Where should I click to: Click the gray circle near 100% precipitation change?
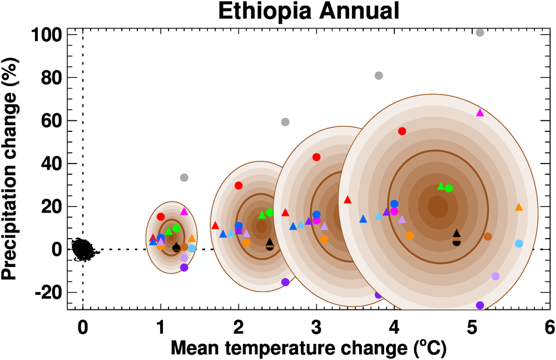(480, 32)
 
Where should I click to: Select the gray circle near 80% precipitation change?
(379, 76)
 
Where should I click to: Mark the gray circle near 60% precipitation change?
(285, 122)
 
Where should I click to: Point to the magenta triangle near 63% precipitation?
(480, 113)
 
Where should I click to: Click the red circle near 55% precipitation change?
(402, 131)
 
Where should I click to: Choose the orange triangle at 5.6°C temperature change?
(519, 207)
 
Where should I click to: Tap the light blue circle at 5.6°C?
(519, 244)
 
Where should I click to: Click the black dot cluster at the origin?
(82, 249)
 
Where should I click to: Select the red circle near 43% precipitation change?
(316, 157)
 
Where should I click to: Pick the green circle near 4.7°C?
(449, 188)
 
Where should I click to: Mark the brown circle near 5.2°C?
(488, 236)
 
